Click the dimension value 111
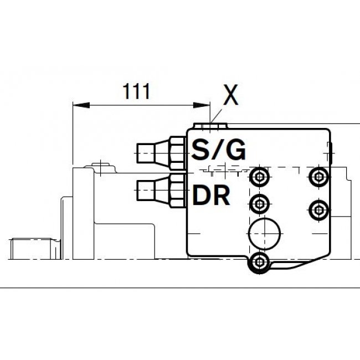pyautogui.click(x=136, y=91)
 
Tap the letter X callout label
pyautogui.click(x=231, y=95)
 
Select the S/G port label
pyautogui.click(x=219, y=150)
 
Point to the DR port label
pyautogui.click(x=211, y=195)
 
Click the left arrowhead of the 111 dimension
pyautogui.click(x=81, y=105)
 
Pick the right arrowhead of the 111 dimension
pyautogui.click(x=202, y=105)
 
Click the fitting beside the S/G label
pyautogui.click(x=161, y=153)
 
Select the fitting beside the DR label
pyautogui.click(x=161, y=191)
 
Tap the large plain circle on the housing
pyautogui.click(x=265, y=234)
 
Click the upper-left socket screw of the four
pyautogui.click(x=259, y=177)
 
